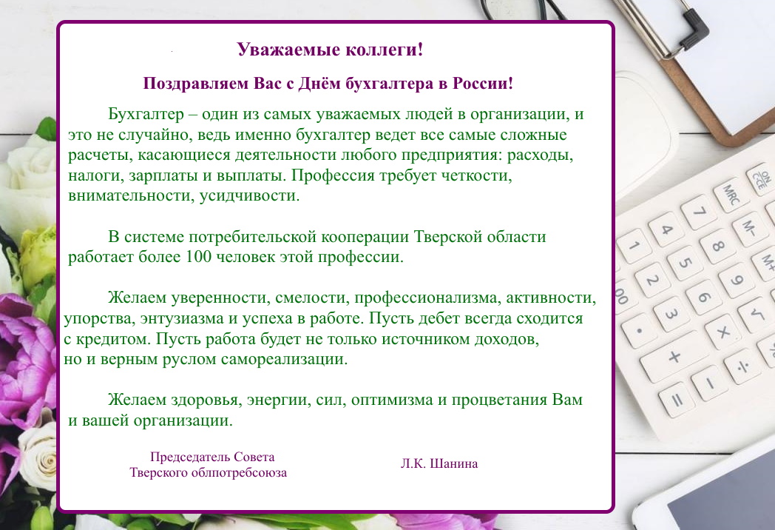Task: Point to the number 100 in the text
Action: coord(199,256)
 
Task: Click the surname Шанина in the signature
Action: coord(454,463)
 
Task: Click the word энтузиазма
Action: coord(182,318)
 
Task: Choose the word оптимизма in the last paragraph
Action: coord(392,400)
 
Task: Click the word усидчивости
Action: coord(250,195)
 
